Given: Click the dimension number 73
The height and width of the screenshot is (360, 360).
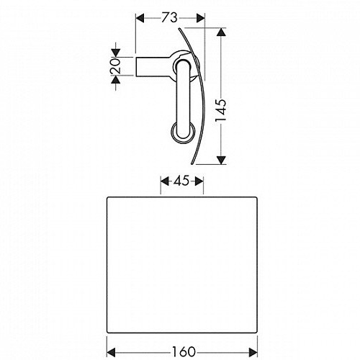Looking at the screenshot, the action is click(x=169, y=18).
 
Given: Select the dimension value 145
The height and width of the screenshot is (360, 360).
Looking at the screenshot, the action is click(x=221, y=110).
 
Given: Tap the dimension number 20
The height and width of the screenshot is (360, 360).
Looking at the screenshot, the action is click(x=115, y=66).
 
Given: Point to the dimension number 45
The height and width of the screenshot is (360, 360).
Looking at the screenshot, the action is click(x=181, y=181).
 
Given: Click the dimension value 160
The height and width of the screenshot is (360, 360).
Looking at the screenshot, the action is click(x=184, y=352).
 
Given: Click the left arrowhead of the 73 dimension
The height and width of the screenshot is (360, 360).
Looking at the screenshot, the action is click(x=140, y=18).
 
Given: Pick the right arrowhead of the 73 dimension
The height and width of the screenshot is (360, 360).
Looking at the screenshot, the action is click(x=201, y=18).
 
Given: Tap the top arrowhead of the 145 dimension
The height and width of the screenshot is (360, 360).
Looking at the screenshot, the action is click(x=221, y=32).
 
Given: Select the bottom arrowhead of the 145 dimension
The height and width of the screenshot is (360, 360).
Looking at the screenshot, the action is click(x=221, y=160).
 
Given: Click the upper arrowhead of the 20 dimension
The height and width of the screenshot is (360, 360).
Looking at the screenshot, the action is click(x=116, y=53).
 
